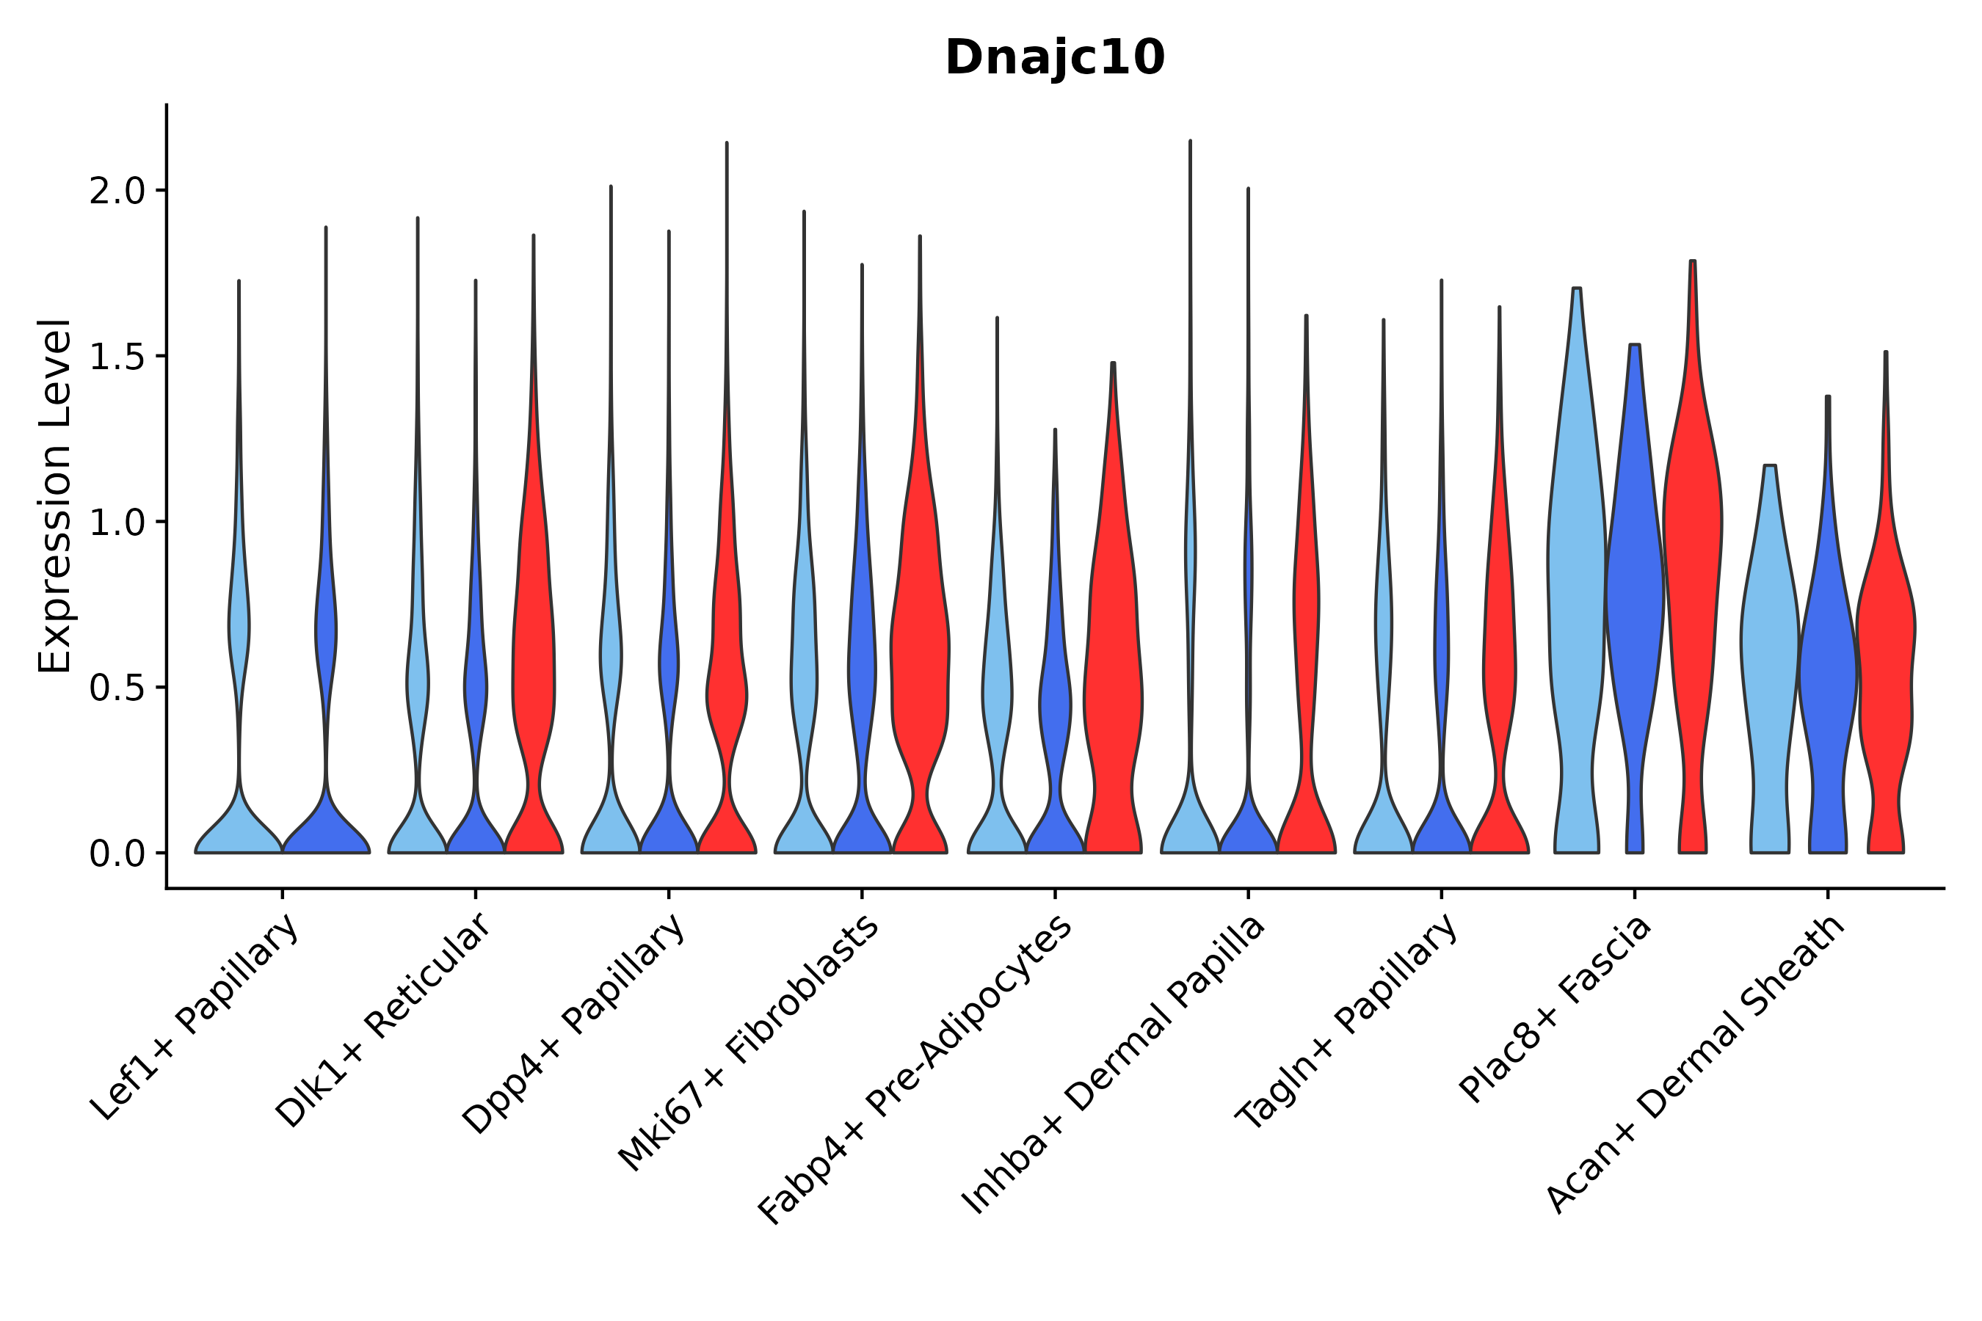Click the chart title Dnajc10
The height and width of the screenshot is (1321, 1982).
pos(1054,59)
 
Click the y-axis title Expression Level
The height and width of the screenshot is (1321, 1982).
pos(55,495)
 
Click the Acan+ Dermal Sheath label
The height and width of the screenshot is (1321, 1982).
pos(1697,1063)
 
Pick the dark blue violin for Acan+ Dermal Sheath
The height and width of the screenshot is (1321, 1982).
pos(1828,674)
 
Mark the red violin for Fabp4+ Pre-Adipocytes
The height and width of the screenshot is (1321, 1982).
pos(1113,674)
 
